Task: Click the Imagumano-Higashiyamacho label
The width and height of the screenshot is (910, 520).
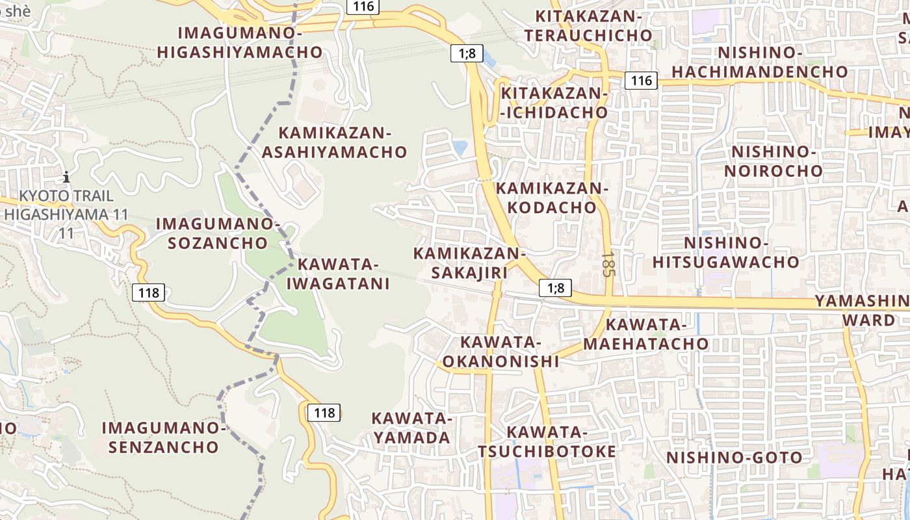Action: [x=240, y=42]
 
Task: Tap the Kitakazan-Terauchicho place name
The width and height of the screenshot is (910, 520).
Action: [x=588, y=25]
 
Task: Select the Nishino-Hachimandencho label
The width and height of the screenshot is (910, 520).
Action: [x=760, y=62]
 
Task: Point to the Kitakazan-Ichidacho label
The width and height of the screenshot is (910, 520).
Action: [x=554, y=103]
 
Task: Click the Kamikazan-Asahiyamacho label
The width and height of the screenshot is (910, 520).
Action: [x=334, y=142]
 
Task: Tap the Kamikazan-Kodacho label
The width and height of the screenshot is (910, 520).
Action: [x=552, y=198]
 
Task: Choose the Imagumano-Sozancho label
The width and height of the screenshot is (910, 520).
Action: [x=218, y=233]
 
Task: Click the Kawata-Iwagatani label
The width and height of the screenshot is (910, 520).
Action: [x=338, y=274]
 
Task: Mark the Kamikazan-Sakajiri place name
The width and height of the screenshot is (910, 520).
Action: [x=469, y=263]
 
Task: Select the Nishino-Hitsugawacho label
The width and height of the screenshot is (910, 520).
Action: [x=725, y=252]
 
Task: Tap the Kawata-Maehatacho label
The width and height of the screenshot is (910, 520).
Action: [x=645, y=333]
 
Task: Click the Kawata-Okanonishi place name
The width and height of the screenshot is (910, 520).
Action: [x=500, y=351]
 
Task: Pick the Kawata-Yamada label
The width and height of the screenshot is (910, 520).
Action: [x=411, y=427]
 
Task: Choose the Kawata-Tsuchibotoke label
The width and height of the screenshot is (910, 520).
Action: [x=547, y=441]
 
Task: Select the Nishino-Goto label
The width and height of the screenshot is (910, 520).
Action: [x=734, y=457]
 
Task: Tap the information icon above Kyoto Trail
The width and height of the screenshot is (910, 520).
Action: [x=66, y=177]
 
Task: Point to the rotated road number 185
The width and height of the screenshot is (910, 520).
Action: [x=608, y=265]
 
